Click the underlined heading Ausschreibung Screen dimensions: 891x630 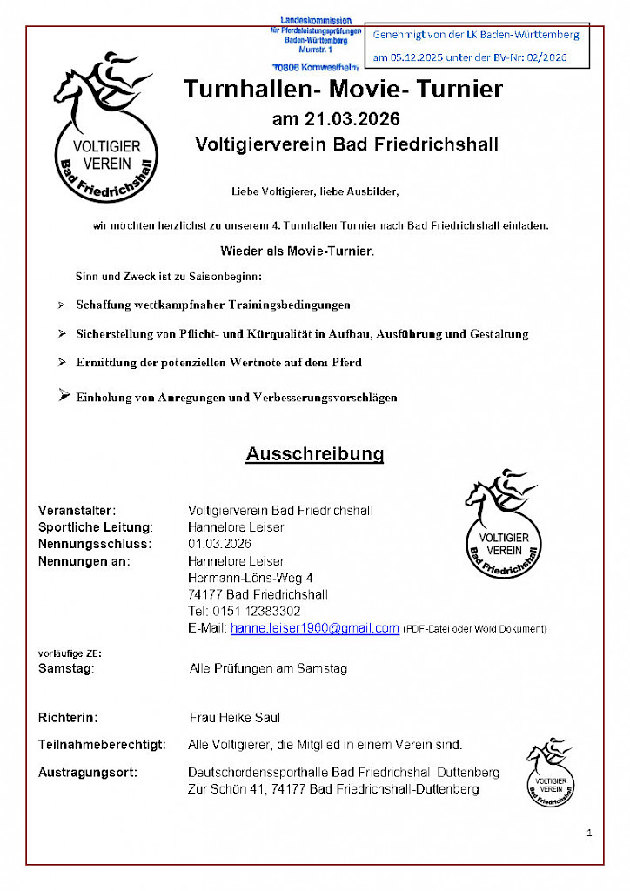[x=314, y=454]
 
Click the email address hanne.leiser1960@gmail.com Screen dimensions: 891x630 [x=314, y=628]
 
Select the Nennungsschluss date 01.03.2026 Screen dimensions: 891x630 [x=219, y=544]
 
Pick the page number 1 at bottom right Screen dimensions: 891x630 [x=589, y=834]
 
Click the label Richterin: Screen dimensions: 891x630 [x=68, y=719]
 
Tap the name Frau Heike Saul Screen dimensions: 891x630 [x=235, y=719]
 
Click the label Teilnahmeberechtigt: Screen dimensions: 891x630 [x=102, y=746]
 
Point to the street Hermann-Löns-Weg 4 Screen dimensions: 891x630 [x=251, y=578]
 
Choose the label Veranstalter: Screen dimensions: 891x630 [x=77, y=510]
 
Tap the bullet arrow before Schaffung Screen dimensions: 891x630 [x=61, y=305]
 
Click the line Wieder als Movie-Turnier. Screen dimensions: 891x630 [x=297, y=251]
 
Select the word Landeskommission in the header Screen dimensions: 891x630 [x=315, y=20]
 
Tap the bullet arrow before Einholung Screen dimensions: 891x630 [x=63, y=396]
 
